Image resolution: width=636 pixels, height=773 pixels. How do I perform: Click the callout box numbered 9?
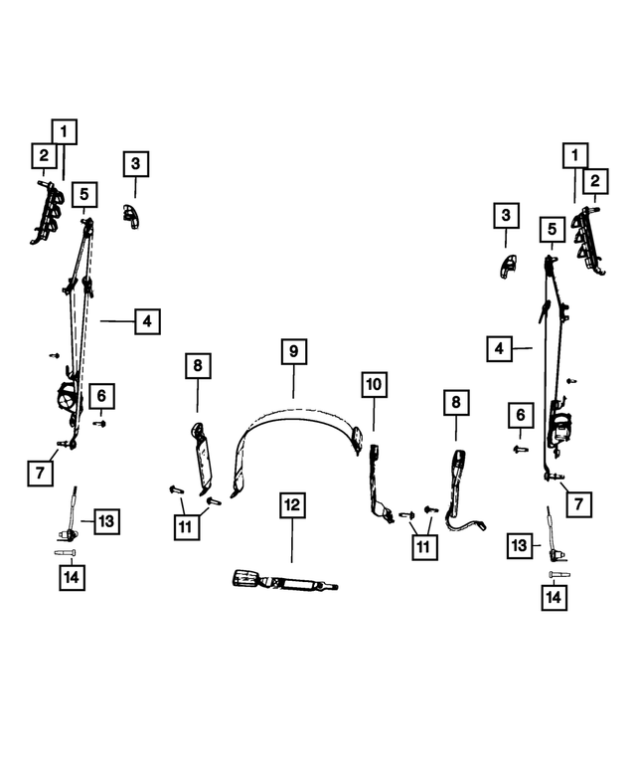click(x=294, y=351)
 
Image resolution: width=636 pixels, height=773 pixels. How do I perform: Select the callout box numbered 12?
click(x=292, y=504)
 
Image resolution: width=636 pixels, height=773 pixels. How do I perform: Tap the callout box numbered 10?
click(x=374, y=385)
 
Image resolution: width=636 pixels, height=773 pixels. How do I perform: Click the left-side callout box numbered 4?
click(x=148, y=321)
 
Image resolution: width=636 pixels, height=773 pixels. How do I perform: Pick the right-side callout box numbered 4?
click(x=499, y=349)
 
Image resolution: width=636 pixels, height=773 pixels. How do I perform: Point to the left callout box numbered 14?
click(x=72, y=577)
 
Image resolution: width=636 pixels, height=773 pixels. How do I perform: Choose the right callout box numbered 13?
click(x=520, y=546)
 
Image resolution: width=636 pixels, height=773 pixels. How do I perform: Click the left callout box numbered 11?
click(x=187, y=527)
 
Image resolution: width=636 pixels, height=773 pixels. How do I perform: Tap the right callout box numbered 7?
click(x=579, y=504)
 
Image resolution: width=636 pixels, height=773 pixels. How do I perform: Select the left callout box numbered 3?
click(x=136, y=164)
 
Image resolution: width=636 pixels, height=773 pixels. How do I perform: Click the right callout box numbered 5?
click(x=553, y=229)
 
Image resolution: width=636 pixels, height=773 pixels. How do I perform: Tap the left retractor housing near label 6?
click(x=68, y=398)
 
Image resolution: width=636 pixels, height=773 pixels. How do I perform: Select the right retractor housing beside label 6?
click(x=560, y=425)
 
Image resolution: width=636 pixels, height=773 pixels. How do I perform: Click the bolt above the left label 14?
click(x=65, y=552)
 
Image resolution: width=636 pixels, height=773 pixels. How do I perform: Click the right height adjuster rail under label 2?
click(x=587, y=240)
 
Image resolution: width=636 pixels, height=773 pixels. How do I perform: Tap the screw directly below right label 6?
click(x=521, y=449)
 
